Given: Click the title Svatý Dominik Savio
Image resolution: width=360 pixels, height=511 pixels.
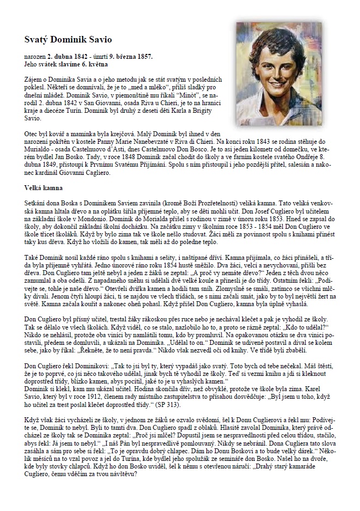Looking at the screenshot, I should point(69,40).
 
